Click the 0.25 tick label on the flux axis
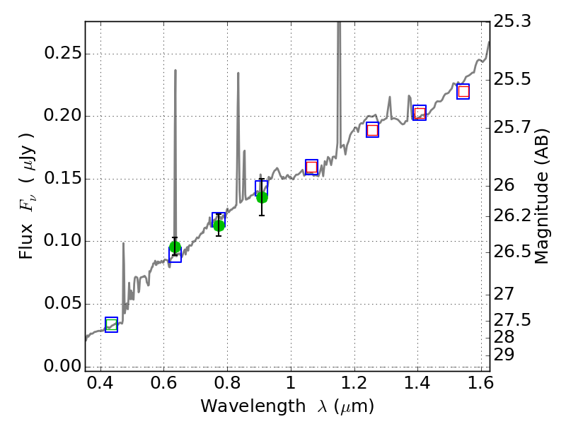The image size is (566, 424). click(x=62, y=54)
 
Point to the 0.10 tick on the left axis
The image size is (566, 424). click(x=62, y=241)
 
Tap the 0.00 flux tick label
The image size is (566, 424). click(x=62, y=366)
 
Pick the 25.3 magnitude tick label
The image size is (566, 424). click(x=513, y=21)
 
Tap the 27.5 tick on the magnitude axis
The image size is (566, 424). click(x=513, y=320)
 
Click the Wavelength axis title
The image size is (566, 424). click(x=287, y=406)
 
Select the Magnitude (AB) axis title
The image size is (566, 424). click(x=542, y=196)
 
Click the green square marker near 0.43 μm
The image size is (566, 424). click(x=111, y=324)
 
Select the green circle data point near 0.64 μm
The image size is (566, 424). click(x=175, y=247)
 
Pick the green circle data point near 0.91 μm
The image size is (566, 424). click(x=262, y=196)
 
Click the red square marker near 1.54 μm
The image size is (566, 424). click(x=463, y=91)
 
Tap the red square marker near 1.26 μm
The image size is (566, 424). click(x=373, y=129)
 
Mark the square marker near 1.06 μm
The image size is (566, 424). click(x=311, y=167)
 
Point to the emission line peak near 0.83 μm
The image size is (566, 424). click(x=238, y=73)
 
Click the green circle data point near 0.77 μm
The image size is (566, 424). click(x=219, y=225)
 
